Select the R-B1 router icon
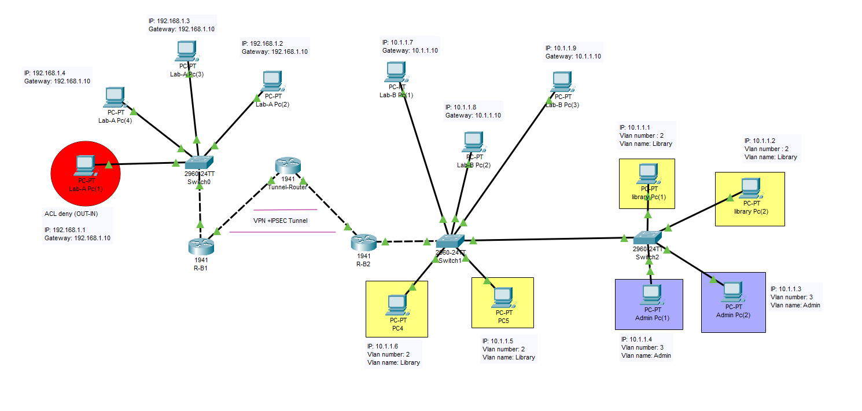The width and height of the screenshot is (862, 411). [x=201, y=246]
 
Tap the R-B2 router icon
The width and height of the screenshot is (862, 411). [x=363, y=242]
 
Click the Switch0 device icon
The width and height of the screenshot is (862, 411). [x=199, y=162]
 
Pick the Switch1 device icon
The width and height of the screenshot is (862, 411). [x=450, y=241]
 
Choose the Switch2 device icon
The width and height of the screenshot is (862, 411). [x=647, y=238]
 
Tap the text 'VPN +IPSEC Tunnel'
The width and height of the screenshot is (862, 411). [x=280, y=221]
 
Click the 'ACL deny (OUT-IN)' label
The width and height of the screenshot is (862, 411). [x=71, y=213]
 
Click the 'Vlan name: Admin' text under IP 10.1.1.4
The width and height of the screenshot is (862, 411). [x=646, y=355]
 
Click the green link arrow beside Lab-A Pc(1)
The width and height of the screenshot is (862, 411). [x=108, y=165]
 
